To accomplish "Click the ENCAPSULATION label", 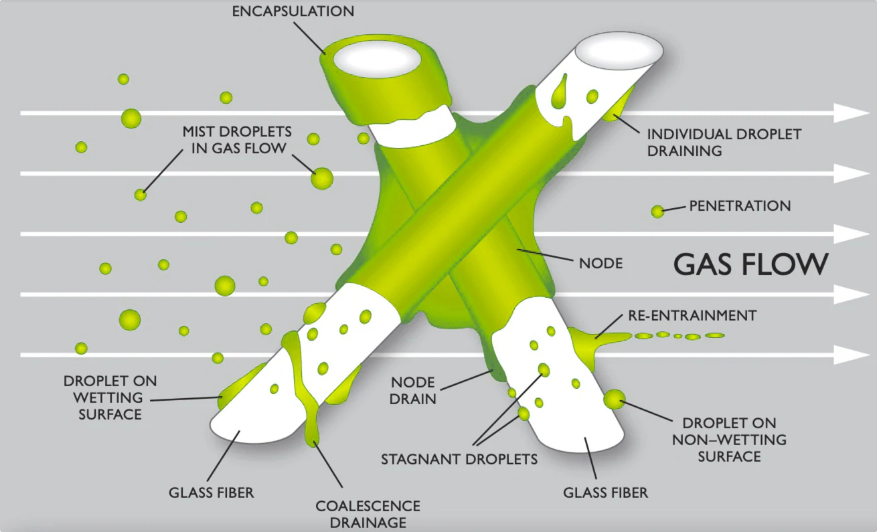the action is click(293, 11).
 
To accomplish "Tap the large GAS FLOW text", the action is click(751, 264).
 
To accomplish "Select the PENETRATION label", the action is click(740, 206).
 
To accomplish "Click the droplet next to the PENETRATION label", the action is click(657, 211).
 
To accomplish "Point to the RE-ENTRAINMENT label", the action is click(692, 316).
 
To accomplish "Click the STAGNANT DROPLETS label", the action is click(459, 459).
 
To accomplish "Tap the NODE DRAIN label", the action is click(413, 391).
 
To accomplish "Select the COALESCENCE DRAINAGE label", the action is click(368, 515).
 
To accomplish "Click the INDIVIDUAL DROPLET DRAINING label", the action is click(724, 143).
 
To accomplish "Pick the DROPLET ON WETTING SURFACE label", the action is click(110, 397).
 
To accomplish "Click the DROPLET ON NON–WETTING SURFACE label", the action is click(730, 440).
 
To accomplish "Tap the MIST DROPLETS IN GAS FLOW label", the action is click(237, 140).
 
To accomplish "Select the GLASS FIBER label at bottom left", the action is click(212, 493).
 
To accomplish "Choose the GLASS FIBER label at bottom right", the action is click(606, 493).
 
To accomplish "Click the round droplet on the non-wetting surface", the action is click(615, 400).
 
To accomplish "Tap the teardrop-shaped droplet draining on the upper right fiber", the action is click(559, 92).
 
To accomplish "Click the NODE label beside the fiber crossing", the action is click(601, 264).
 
